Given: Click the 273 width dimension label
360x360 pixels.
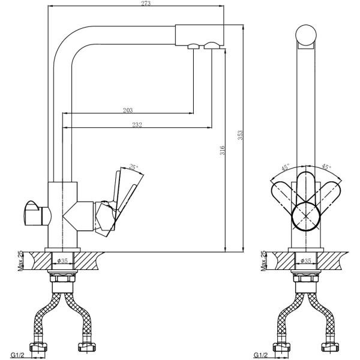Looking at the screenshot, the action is click(146, 3).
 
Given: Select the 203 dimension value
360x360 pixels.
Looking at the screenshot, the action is click(128, 110).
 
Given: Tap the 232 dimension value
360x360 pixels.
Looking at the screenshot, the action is click(137, 125).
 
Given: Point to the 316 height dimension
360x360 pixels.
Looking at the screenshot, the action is click(222, 150).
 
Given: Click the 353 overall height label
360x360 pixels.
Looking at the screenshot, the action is click(240, 135).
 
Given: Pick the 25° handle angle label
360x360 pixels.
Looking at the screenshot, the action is click(133, 167).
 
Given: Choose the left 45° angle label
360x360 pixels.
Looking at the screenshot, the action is click(285, 167).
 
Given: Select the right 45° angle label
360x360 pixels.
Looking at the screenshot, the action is click(326, 166).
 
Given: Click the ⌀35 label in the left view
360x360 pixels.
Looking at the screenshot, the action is click(62, 260).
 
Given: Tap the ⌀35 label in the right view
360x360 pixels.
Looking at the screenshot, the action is click(306, 260).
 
